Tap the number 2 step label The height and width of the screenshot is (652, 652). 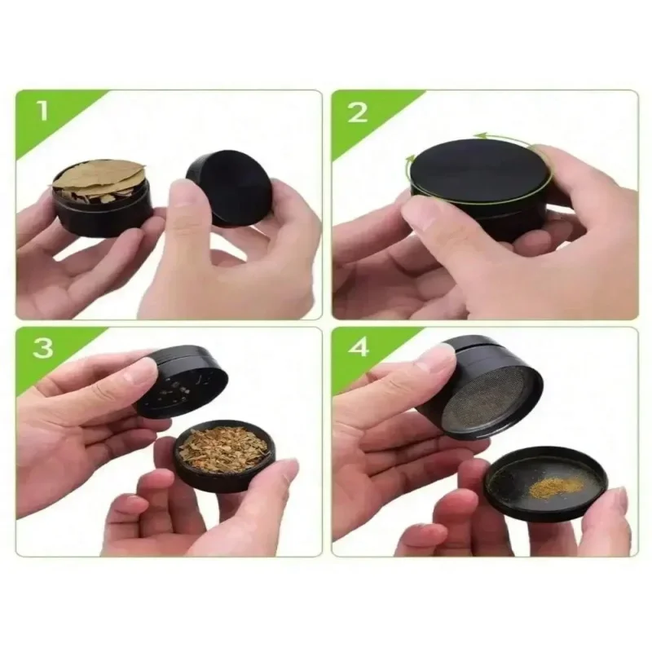point(358,112)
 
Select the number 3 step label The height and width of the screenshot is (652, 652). point(42,349)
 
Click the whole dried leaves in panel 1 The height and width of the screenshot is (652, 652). point(99,178)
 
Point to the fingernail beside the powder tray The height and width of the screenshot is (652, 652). point(615,499)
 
